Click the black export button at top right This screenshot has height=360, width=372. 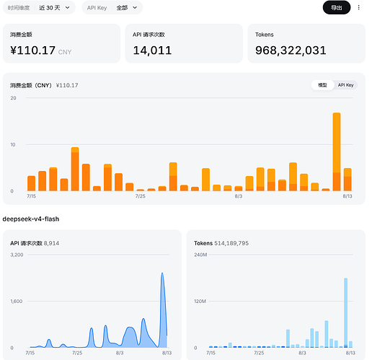coord(337,8)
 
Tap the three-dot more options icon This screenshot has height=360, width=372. coord(358,7)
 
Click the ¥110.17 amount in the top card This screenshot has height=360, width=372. coord(32,51)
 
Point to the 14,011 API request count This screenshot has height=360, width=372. coord(152,51)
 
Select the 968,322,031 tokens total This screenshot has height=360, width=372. coord(291,51)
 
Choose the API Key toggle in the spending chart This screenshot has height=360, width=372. coord(345,85)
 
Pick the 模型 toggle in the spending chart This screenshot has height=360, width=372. coord(322,85)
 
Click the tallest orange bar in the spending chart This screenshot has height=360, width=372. coord(337,152)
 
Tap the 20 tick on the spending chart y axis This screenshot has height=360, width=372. coord(13,98)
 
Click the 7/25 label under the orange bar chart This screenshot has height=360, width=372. coord(141,196)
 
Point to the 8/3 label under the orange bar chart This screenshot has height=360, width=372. coord(239,196)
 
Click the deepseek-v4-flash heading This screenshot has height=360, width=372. coord(31,219)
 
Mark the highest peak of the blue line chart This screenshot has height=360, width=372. coord(162,273)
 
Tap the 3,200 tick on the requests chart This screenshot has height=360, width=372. coord(17,255)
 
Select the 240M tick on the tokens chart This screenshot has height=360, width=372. coord(200,255)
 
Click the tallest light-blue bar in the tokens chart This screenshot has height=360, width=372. coord(345,313)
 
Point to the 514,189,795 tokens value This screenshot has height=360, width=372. coord(231,243)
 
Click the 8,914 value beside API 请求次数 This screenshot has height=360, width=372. coord(51,243)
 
